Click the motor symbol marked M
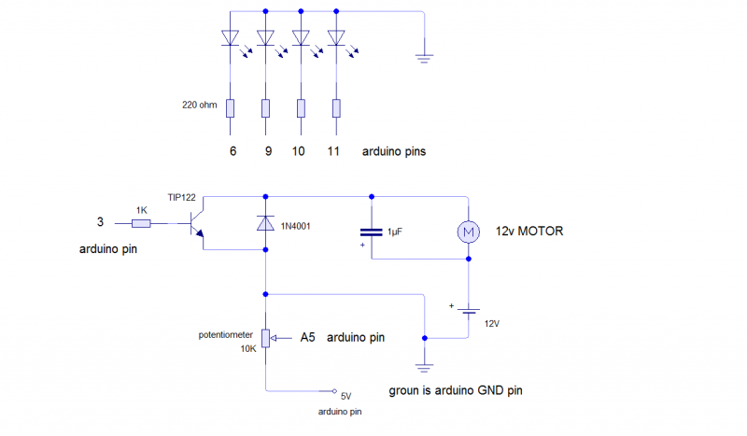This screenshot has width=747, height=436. pos(466,230)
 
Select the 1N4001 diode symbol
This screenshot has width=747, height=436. pos(266,224)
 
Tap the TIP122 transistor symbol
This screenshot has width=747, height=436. pos(194,224)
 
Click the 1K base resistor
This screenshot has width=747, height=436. pos(141,224)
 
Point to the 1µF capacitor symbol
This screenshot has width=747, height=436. pos(372,231)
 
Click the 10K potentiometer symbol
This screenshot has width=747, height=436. pos(266,337)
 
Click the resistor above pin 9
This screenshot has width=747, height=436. pos(266,108)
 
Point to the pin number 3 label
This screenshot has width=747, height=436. pos(101,222)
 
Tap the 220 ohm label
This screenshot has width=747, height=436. pos(200,105)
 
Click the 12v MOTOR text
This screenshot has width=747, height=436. pos(529,231)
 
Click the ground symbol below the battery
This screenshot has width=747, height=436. pos(425,366)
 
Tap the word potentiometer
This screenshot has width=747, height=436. pos(224,334)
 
